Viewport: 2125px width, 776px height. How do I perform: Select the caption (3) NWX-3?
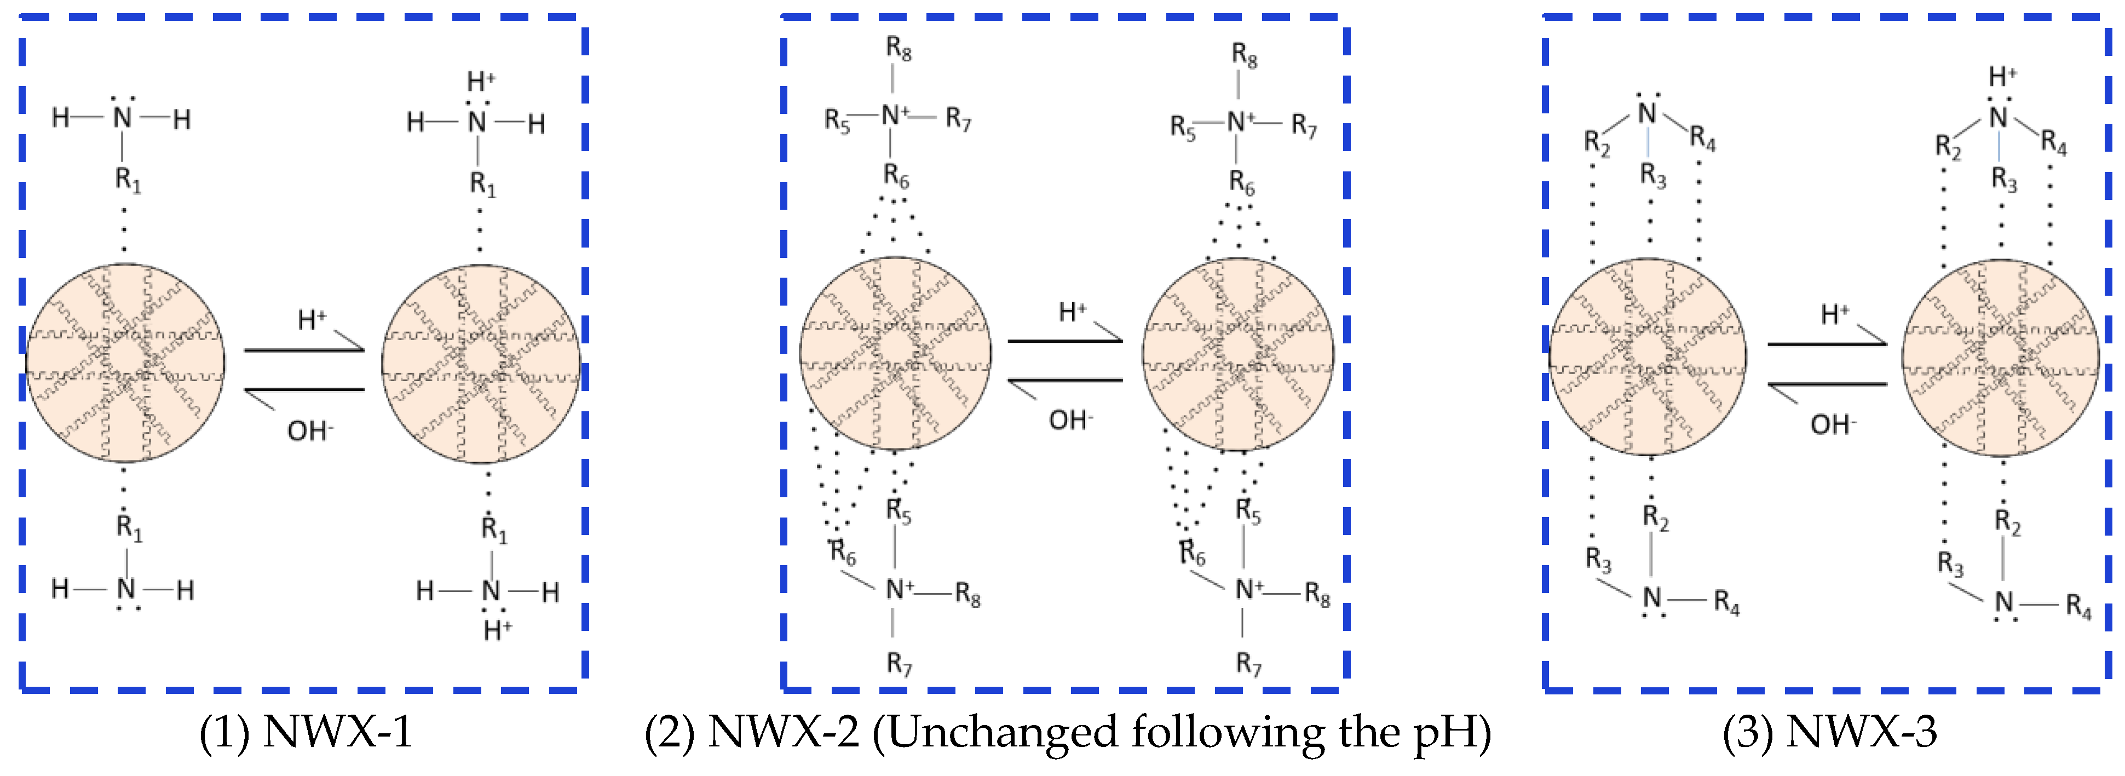point(1830,732)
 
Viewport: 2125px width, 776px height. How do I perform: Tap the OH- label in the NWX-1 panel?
point(309,430)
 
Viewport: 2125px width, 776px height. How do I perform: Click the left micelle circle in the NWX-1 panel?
point(125,363)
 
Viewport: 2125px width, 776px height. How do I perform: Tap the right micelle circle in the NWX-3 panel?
point(2001,357)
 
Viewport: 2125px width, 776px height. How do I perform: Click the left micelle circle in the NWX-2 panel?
point(895,354)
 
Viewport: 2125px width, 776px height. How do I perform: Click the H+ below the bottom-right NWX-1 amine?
point(497,630)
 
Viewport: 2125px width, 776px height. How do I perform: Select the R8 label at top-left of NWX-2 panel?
point(899,49)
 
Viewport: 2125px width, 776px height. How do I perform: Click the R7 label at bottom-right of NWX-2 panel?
point(1248,663)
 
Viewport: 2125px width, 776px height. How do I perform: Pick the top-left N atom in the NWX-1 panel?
point(122,118)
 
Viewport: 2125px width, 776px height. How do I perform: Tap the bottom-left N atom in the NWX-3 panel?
point(1651,598)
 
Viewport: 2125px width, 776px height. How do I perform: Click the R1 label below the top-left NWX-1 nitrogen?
point(128,179)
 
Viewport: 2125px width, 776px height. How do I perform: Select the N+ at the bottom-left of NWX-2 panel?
point(899,589)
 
